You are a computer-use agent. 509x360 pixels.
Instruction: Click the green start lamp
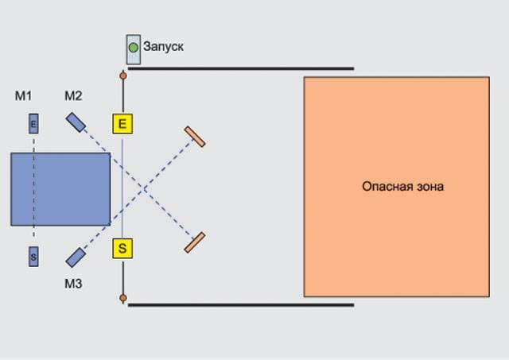(x=133, y=48)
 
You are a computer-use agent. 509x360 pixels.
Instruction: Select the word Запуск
(x=163, y=46)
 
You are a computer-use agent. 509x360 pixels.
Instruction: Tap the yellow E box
(x=122, y=123)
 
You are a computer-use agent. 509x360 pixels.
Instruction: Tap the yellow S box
(x=122, y=249)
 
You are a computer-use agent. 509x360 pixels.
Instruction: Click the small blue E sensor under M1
(x=33, y=123)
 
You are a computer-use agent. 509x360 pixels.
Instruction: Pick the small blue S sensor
(x=33, y=257)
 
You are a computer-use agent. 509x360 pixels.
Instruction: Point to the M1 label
(x=23, y=95)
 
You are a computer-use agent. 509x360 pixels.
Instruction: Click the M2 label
(x=73, y=95)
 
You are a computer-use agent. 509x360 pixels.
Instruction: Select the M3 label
(x=73, y=284)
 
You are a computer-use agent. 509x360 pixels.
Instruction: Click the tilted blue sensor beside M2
(x=76, y=122)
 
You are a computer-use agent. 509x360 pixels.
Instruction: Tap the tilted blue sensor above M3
(x=76, y=257)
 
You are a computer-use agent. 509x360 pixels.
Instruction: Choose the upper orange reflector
(x=195, y=137)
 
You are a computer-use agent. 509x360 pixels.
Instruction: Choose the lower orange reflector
(x=195, y=242)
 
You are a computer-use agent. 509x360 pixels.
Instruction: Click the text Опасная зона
(x=403, y=187)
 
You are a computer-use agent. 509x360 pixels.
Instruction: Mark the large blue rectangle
(x=60, y=189)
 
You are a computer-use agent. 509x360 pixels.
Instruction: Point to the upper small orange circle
(x=123, y=75)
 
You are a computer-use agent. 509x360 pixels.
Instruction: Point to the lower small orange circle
(x=123, y=298)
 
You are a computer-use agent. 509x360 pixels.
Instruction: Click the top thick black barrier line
(x=241, y=68)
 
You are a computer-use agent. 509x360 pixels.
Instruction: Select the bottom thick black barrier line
(x=241, y=305)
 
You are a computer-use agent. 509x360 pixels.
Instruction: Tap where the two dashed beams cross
(x=143, y=189)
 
